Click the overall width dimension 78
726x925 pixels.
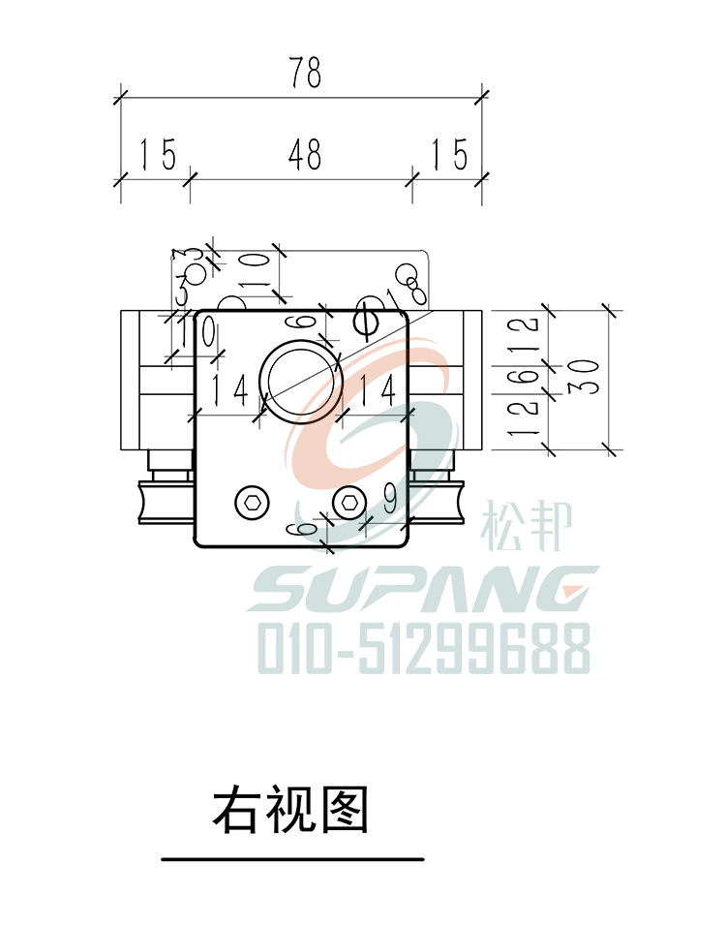pos(304,74)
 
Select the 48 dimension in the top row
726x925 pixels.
pos(304,155)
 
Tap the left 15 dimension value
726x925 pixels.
pos(158,155)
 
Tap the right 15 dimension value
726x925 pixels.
pos(449,155)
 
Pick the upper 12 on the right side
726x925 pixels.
pos(527,335)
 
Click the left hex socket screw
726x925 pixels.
pos(251,502)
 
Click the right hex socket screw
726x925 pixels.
pos(348,502)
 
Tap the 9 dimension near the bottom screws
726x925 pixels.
pos(389,500)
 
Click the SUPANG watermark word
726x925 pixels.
pos(423,590)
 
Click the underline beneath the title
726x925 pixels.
pos(291,859)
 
